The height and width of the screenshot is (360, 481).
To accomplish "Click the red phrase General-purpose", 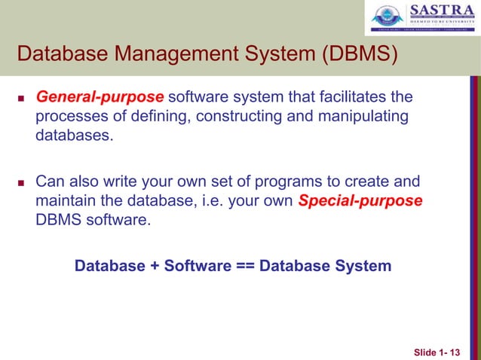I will [100, 97].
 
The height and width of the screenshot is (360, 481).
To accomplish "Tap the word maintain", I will [66, 202].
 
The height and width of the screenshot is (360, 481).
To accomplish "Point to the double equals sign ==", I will [240, 266].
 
